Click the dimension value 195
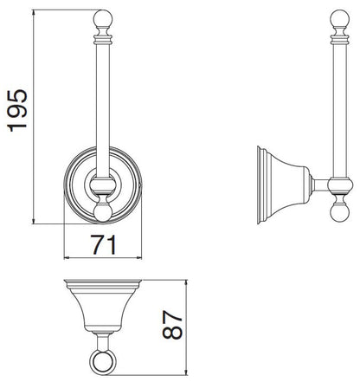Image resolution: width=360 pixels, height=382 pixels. tap(17, 111)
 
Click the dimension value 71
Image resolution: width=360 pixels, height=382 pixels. tap(104, 244)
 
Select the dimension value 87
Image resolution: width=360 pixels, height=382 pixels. tap(172, 325)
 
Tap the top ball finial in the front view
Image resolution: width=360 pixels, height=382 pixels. tap(102, 18)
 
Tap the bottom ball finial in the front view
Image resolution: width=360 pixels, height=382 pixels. tap(102, 213)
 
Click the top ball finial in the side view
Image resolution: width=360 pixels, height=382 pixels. tap(339, 18)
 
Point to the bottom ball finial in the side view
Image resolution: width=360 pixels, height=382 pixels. tap(339, 213)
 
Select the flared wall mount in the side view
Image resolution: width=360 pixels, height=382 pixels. tap(283, 185)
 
